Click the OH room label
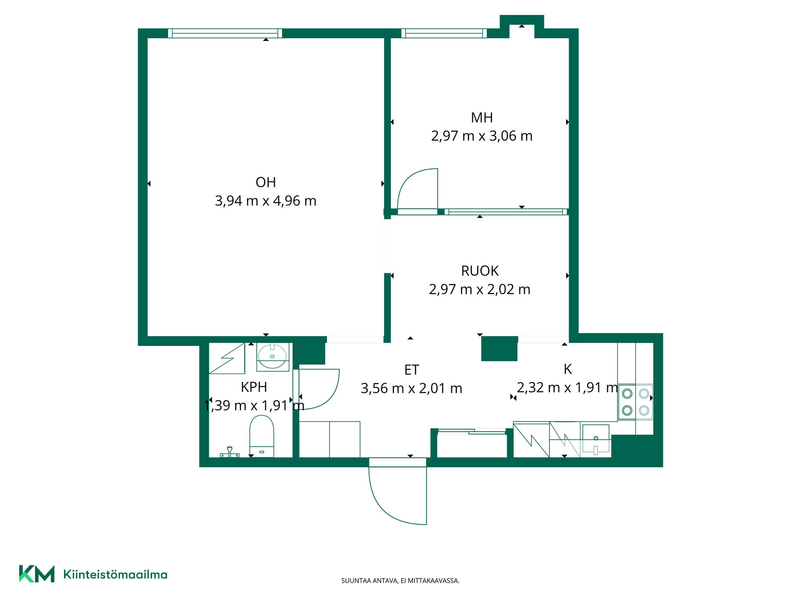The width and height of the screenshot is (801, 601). pos(266,182)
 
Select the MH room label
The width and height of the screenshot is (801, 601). pos(482,118)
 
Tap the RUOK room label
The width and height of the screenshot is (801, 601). pos(480,271)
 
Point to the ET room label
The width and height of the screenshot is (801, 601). pos(411,370)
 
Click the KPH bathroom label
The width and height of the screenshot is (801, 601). pos(254,387)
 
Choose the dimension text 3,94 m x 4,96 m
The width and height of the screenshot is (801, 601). pos(265,201)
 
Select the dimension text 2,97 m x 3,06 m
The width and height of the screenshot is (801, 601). pos(482,136)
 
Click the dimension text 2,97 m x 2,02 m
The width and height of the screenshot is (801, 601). pos(480,289)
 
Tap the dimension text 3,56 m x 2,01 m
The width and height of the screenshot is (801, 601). pos(411,389)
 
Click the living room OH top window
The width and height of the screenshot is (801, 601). pos(225,33)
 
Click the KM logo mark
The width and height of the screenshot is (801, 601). pos(37,574)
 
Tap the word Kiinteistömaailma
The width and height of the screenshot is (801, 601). pos(115,575)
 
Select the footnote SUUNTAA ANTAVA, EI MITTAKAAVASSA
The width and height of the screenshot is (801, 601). pos(400,581)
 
